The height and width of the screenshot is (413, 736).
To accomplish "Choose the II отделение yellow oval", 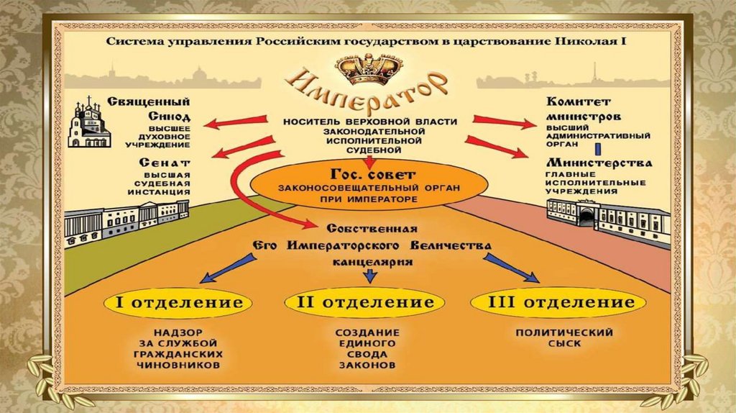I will point(366,302).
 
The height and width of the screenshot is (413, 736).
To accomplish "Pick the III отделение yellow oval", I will point(553,302).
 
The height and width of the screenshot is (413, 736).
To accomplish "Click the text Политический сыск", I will point(563,338).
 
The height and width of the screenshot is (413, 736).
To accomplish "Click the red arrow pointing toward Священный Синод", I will point(231,123).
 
